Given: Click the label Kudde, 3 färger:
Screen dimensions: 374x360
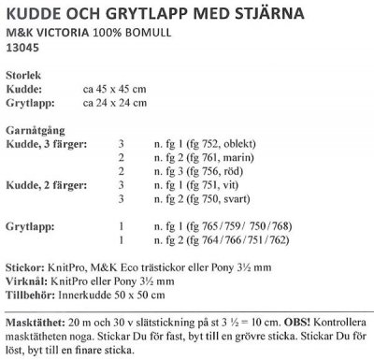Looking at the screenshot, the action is [48, 145].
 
